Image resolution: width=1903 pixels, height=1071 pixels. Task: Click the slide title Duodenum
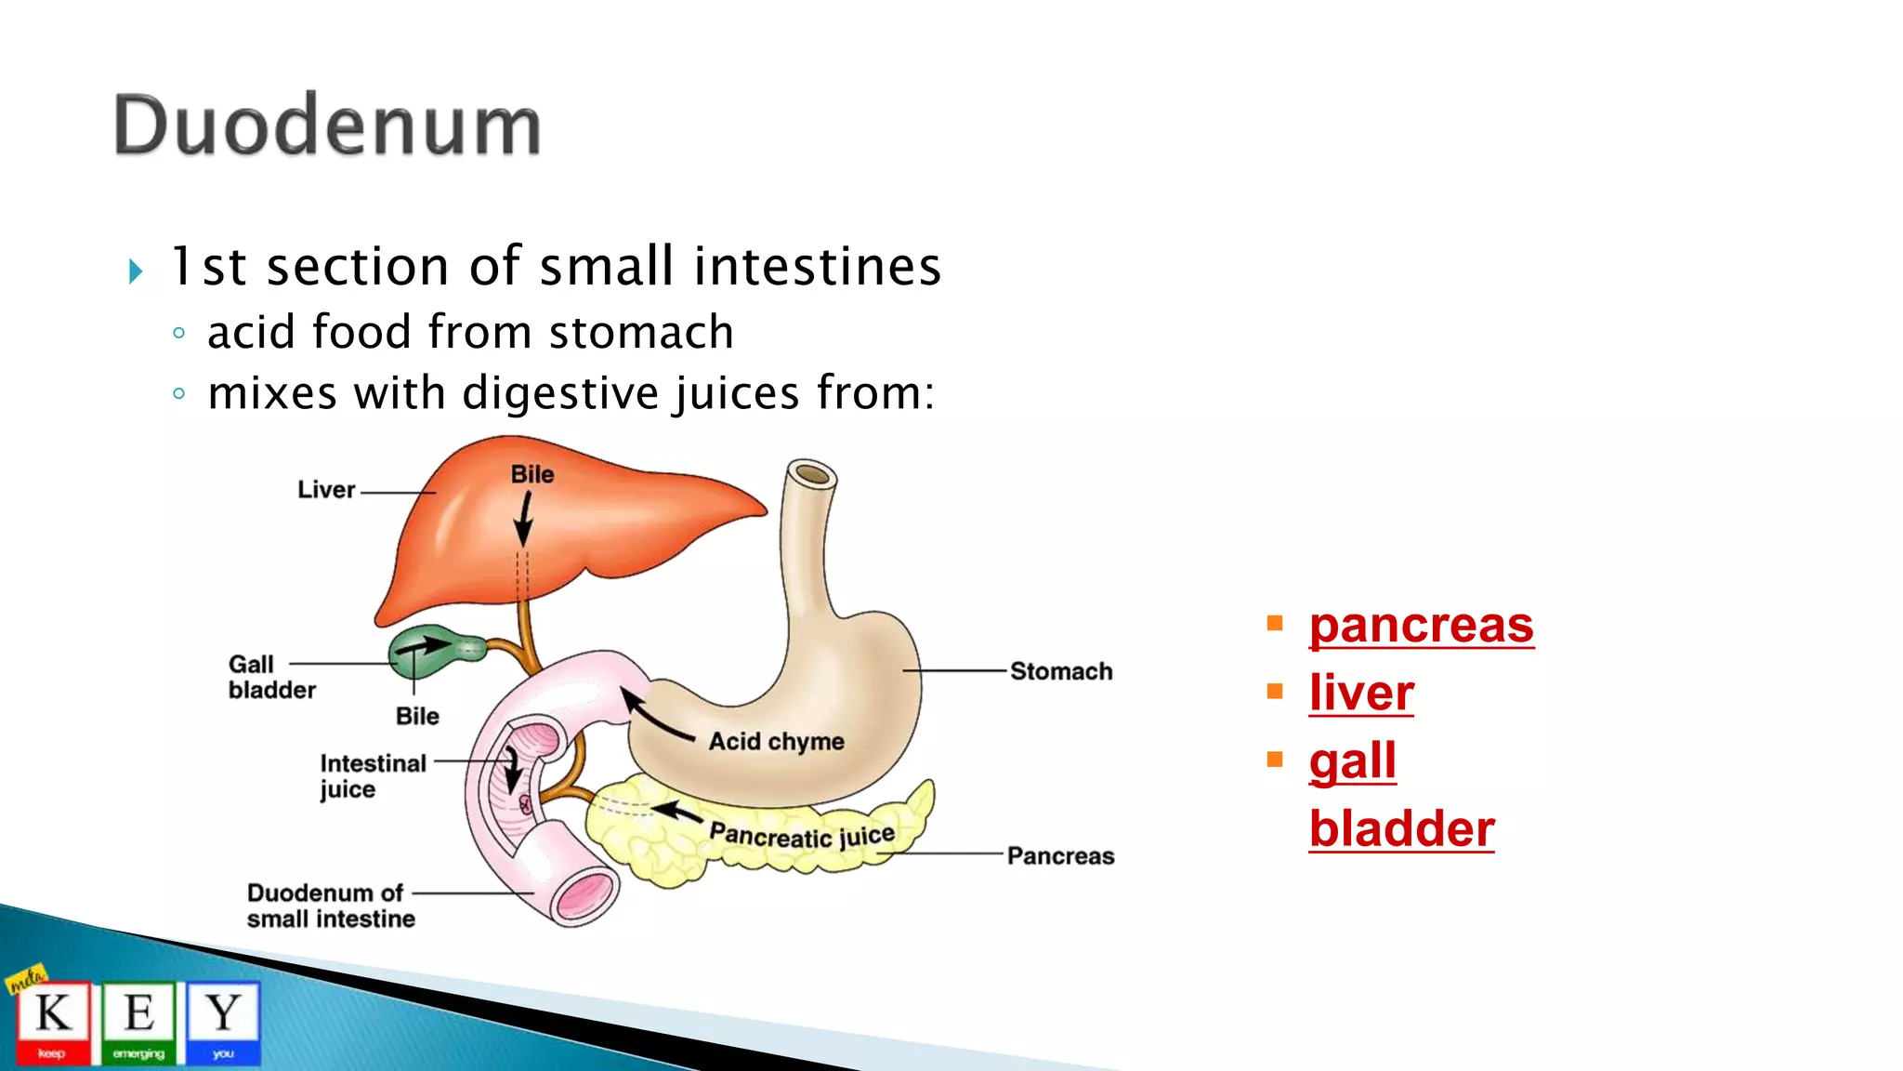pyautogui.click(x=327, y=126)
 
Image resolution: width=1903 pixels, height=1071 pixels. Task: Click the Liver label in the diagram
pyautogui.click(x=326, y=490)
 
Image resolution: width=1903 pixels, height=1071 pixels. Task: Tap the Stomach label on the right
pyautogui.click(x=1060, y=671)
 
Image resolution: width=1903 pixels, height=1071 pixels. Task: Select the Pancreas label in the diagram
pyautogui.click(x=1060, y=855)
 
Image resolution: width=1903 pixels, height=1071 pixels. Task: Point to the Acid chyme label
pyautogui.click(x=776, y=741)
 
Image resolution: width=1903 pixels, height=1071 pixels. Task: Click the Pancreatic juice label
pyautogui.click(x=801, y=834)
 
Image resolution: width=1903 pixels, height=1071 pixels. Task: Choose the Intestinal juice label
pyautogui.click(x=372, y=775)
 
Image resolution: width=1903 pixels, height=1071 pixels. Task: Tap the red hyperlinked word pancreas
pyautogui.click(x=1421, y=625)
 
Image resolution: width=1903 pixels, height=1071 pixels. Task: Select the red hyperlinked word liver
pyautogui.click(x=1361, y=694)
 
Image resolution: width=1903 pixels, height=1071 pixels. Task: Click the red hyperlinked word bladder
pyautogui.click(x=1401, y=829)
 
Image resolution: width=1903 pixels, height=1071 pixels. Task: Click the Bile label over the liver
pyautogui.click(x=532, y=474)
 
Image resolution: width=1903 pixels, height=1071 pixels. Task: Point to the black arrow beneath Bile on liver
pyautogui.click(x=524, y=521)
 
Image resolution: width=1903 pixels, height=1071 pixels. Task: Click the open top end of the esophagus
pyautogui.click(x=811, y=475)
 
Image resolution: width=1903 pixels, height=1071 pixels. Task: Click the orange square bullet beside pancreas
pyautogui.click(x=1274, y=623)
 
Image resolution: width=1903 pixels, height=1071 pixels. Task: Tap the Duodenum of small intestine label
pyautogui.click(x=330, y=906)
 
